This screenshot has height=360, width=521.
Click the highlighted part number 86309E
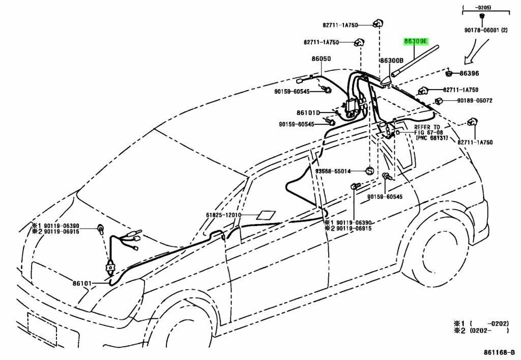click(416, 41)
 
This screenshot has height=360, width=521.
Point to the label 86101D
click(308, 113)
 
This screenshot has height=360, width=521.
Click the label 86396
click(469, 74)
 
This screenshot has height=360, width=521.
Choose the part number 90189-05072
click(474, 101)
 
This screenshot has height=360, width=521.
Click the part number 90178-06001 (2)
click(485, 31)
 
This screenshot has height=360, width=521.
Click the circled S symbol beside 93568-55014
click(370, 171)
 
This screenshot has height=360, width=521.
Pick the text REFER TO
click(427, 127)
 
